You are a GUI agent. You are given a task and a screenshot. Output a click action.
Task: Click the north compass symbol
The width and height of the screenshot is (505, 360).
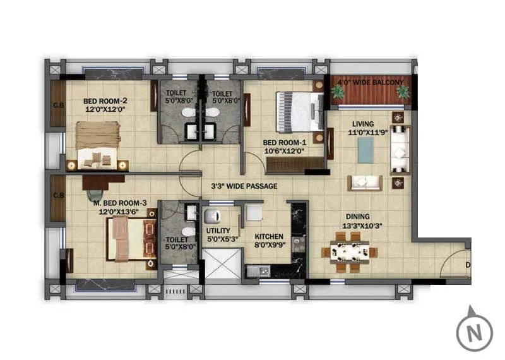(474, 329)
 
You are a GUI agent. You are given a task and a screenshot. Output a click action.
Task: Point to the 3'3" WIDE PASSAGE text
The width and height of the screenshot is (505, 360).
(244, 186)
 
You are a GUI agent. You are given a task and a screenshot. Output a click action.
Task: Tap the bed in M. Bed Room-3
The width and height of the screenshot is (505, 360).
(131, 238)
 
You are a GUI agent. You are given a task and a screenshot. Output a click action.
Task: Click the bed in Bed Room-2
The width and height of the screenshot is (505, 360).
(98, 145)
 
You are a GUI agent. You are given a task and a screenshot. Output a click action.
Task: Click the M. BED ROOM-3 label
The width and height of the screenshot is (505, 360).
(120, 207)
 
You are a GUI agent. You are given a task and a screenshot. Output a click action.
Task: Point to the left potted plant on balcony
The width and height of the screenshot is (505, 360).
(338, 92)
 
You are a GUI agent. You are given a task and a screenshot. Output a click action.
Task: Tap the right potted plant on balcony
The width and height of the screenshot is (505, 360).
(402, 93)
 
